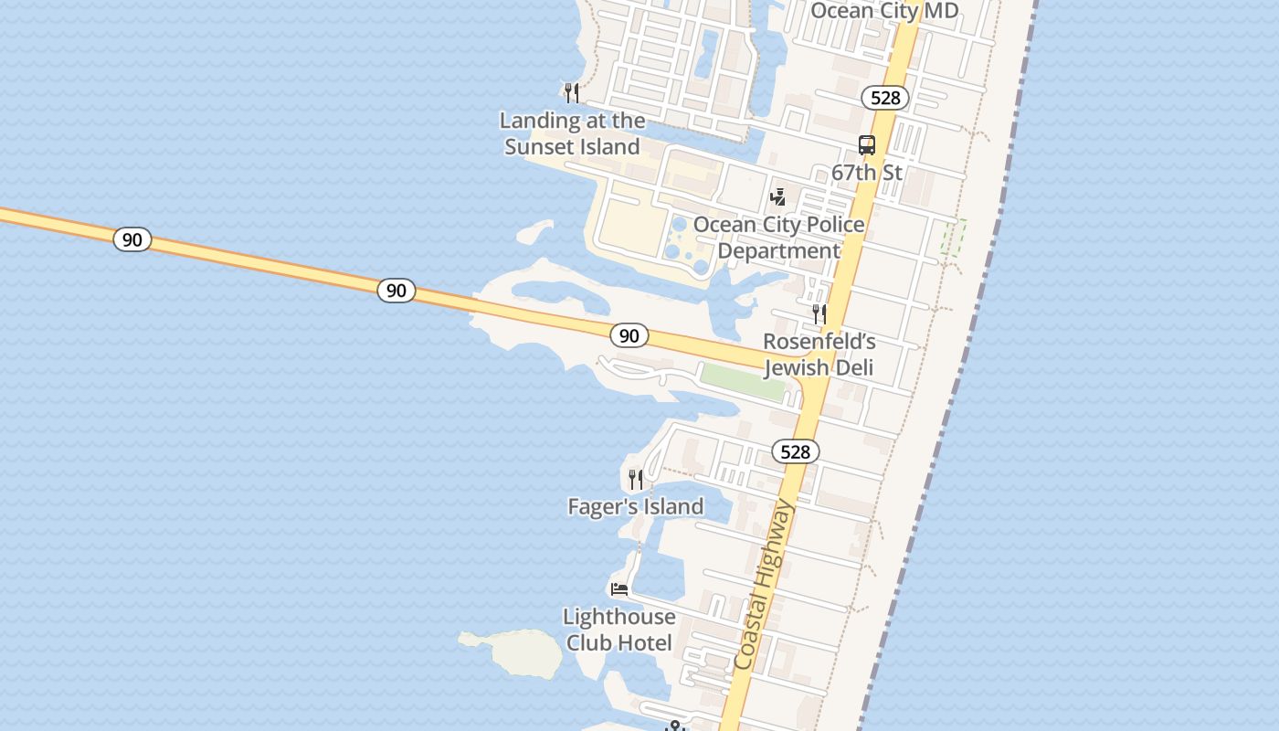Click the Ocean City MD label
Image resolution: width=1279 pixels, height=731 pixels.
884,11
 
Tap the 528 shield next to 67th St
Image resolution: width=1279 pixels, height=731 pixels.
884,98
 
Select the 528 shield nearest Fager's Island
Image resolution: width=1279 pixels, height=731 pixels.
795,451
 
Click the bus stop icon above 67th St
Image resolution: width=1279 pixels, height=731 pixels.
866,144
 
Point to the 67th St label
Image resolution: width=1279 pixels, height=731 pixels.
866,172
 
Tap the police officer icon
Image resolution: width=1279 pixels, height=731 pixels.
777,196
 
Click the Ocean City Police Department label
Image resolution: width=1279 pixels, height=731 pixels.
778,238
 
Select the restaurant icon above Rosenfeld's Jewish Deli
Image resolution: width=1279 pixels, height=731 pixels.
819,313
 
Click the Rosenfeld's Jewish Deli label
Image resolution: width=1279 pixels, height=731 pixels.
819,355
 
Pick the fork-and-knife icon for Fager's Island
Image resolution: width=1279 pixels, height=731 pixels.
636,479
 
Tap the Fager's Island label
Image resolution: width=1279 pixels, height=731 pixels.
636,506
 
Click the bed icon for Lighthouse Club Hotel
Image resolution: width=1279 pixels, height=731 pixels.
619,589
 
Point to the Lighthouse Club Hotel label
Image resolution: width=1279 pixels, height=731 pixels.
619,630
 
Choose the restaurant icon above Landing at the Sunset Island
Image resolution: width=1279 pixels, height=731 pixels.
572,92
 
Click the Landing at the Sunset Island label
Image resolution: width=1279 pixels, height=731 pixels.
572,133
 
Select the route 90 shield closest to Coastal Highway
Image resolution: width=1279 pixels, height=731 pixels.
629,335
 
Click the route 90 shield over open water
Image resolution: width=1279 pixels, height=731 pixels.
132,239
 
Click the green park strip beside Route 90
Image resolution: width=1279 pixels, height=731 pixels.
742,381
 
